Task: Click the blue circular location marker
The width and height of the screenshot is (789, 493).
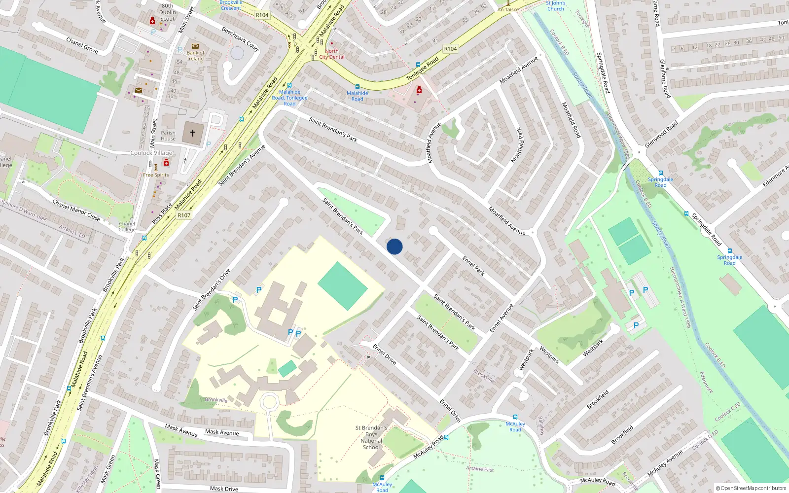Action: (x=394, y=246)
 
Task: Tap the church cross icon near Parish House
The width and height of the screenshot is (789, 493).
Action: (x=193, y=133)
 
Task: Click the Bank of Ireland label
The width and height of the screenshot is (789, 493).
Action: (x=195, y=55)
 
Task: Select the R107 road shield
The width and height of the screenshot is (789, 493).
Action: (x=184, y=215)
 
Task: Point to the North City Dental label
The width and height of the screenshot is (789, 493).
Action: (x=332, y=54)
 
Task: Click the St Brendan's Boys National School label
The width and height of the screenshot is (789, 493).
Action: (x=371, y=438)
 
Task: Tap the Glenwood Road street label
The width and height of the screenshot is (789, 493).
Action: (x=661, y=134)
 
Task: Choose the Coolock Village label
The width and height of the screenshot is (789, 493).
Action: (x=151, y=153)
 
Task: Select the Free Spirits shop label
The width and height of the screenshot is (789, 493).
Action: (x=156, y=175)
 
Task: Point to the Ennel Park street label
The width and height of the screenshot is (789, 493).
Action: (x=473, y=265)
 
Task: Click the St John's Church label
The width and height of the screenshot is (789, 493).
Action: (x=555, y=6)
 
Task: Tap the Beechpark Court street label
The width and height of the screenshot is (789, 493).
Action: (x=240, y=38)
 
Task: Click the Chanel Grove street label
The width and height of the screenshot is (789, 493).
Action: (x=82, y=45)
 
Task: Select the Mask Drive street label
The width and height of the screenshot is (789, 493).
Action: (x=224, y=489)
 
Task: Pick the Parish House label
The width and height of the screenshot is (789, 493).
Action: (x=168, y=136)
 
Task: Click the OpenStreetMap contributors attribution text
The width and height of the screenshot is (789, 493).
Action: (x=751, y=489)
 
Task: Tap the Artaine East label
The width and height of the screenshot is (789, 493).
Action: (x=480, y=469)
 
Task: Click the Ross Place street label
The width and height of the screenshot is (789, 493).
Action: (x=162, y=213)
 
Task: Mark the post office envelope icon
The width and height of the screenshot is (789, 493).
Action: (x=139, y=90)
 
